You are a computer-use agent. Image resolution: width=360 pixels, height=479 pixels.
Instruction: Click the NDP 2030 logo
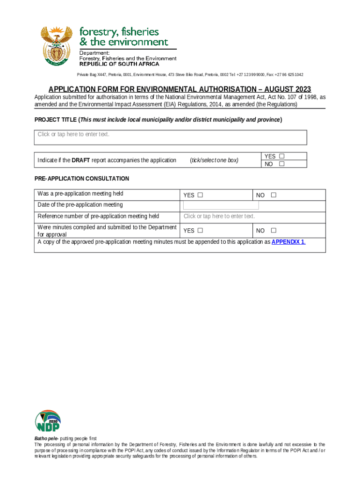point(48,421)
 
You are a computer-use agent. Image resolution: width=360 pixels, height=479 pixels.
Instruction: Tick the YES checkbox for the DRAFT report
point(282,156)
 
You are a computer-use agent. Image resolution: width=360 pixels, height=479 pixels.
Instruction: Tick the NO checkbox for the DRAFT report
point(281,164)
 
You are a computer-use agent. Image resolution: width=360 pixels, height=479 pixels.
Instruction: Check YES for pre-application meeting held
point(200,195)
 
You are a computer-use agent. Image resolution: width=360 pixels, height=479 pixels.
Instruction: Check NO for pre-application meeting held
point(274,195)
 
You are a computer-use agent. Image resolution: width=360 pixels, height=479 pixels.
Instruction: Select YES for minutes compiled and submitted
point(200,230)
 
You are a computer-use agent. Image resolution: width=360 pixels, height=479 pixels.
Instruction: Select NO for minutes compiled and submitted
point(274,230)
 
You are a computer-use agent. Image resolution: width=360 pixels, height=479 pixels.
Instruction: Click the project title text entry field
point(171,138)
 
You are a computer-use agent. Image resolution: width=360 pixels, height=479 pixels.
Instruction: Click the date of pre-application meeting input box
point(221,205)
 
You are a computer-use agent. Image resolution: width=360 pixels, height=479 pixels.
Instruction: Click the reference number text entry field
point(219,216)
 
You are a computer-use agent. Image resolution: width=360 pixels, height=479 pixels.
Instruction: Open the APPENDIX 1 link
point(288,242)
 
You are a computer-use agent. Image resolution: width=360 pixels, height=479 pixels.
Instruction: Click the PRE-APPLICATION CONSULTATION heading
point(82,179)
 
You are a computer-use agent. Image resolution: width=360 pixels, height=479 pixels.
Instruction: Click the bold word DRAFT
point(80,160)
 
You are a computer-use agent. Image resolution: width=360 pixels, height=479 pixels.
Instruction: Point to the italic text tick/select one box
point(214,160)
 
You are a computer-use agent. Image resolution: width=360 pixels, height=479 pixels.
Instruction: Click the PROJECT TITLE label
point(56,120)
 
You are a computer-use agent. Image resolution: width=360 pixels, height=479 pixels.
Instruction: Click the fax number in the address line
point(288,75)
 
